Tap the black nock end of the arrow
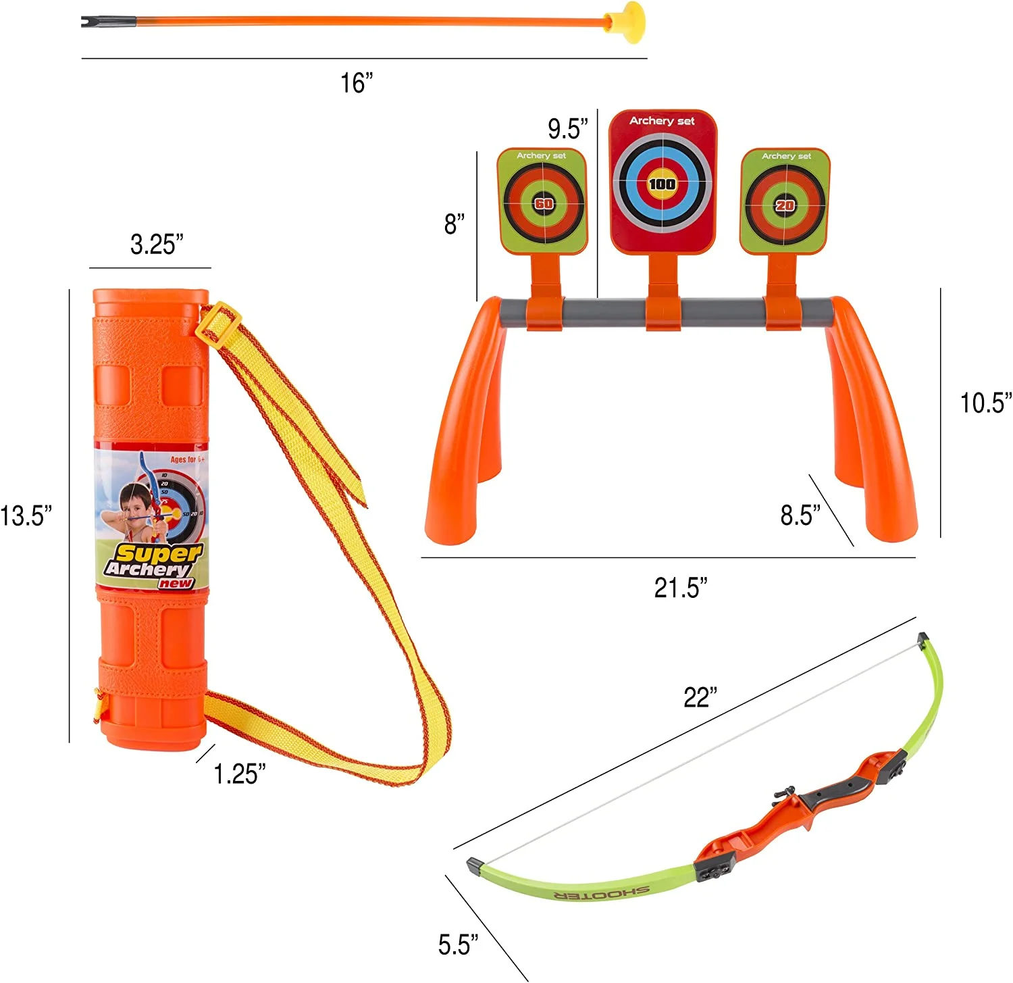tap(90, 22)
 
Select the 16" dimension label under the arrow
tap(356, 83)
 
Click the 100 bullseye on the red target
tap(662, 184)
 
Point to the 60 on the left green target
tap(544, 203)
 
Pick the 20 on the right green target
tap(785, 205)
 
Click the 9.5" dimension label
tap(567, 128)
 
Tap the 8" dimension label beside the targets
tap(454, 224)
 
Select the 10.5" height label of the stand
tap(985, 403)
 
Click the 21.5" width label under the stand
tap(680, 588)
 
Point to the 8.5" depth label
tap(800, 515)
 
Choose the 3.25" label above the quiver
tap(157, 245)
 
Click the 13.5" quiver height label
tap(26, 515)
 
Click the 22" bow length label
tap(700, 697)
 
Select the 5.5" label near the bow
tap(458, 944)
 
